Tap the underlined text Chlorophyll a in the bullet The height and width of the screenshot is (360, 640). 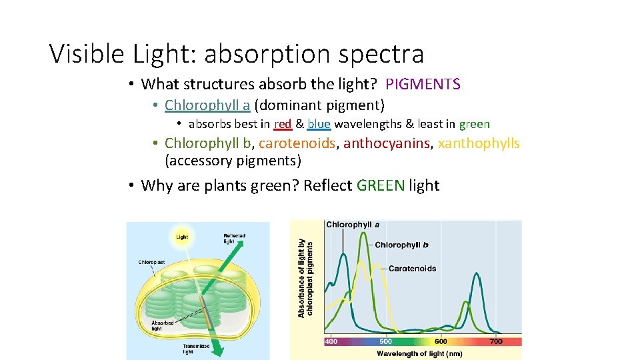point(207,105)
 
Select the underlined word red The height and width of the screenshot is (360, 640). point(283,124)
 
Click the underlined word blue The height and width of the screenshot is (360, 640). point(319,124)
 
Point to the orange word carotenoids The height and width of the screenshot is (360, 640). point(297,143)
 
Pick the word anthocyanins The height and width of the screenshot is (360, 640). point(387,143)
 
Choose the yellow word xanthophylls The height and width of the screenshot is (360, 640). point(479,143)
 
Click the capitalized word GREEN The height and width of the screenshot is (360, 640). point(381,185)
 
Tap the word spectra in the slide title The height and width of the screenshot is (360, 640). point(381,54)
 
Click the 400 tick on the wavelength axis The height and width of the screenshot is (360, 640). point(331,341)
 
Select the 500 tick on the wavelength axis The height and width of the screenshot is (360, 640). point(386,341)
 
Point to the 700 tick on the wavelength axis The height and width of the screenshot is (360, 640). point(495,341)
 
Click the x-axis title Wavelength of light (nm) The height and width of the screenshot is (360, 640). point(419,353)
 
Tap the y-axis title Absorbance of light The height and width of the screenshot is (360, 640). point(305,278)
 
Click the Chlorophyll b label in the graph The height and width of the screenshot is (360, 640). point(401,245)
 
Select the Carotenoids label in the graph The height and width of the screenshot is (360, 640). point(412,269)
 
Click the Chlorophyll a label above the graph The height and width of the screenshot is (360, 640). point(353,225)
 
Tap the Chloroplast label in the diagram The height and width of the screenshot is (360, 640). point(151,262)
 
